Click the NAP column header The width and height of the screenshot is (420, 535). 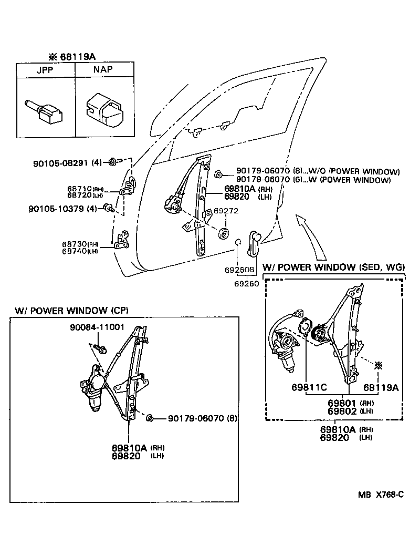pyautogui.click(x=103, y=70)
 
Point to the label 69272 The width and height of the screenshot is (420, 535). pyautogui.click(x=226, y=211)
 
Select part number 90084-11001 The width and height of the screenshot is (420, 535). pyautogui.click(x=97, y=327)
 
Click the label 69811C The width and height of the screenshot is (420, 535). pyautogui.click(x=309, y=387)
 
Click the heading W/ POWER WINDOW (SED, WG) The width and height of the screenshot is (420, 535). pyautogui.click(x=333, y=267)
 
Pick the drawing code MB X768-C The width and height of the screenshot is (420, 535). pyautogui.click(x=381, y=495)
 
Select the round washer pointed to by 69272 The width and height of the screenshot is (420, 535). pyautogui.click(x=225, y=232)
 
